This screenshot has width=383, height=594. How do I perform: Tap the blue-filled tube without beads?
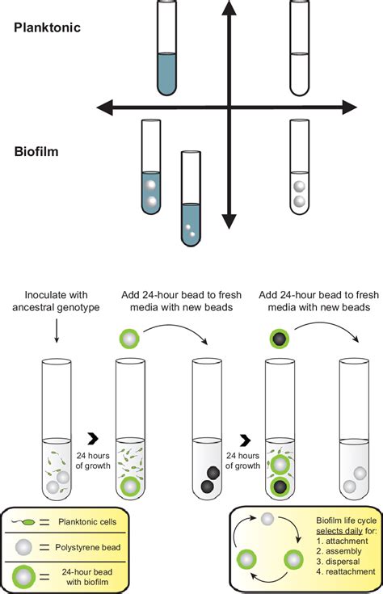click(166, 48)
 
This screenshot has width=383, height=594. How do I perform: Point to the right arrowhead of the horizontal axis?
click(350, 107)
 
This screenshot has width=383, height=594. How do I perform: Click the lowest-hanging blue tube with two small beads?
click(191, 198)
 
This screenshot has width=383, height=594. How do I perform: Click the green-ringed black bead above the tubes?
click(279, 337)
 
